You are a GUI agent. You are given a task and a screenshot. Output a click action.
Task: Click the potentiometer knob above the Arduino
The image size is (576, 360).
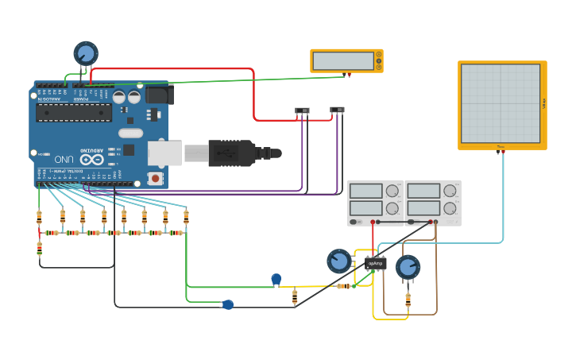(x=86, y=53)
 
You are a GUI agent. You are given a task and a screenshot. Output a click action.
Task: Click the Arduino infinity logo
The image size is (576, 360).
(x=91, y=159)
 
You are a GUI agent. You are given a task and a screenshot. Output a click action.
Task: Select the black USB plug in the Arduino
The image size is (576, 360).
(x=231, y=153)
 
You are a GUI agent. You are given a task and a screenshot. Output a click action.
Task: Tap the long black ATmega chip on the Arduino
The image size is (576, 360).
(x=73, y=112)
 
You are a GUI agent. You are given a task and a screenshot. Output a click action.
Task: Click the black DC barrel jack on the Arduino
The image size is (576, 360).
(x=159, y=95)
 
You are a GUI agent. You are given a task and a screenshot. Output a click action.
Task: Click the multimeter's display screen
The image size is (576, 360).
(x=343, y=60)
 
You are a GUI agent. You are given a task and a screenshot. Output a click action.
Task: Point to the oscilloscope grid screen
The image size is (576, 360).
(x=501, y=103)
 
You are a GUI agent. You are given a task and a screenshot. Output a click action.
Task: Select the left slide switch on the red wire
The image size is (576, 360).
(x=302, y=110)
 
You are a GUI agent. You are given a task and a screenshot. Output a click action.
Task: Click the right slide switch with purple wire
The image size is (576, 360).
(x=338, y=110)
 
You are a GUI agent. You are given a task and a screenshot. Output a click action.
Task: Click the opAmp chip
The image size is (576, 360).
(x=376, y=263)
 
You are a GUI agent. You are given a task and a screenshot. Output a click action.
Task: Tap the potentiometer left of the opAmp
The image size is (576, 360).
(x=339, y=260)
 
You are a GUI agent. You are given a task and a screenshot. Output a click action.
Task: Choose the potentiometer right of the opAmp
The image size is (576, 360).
(x=408, y=267)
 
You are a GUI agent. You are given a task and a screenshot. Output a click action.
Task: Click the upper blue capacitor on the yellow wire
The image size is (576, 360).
(x=276, y=279)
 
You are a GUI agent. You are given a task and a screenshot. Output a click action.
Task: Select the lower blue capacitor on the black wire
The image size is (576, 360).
(x=228, y=304)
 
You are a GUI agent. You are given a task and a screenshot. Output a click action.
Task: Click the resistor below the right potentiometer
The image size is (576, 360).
(x=408, y=300)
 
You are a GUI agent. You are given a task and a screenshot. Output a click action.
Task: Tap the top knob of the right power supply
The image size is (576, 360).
(x=450, y=191)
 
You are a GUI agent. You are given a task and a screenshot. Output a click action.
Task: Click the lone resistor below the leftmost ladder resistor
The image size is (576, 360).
(x=39, y=249)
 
